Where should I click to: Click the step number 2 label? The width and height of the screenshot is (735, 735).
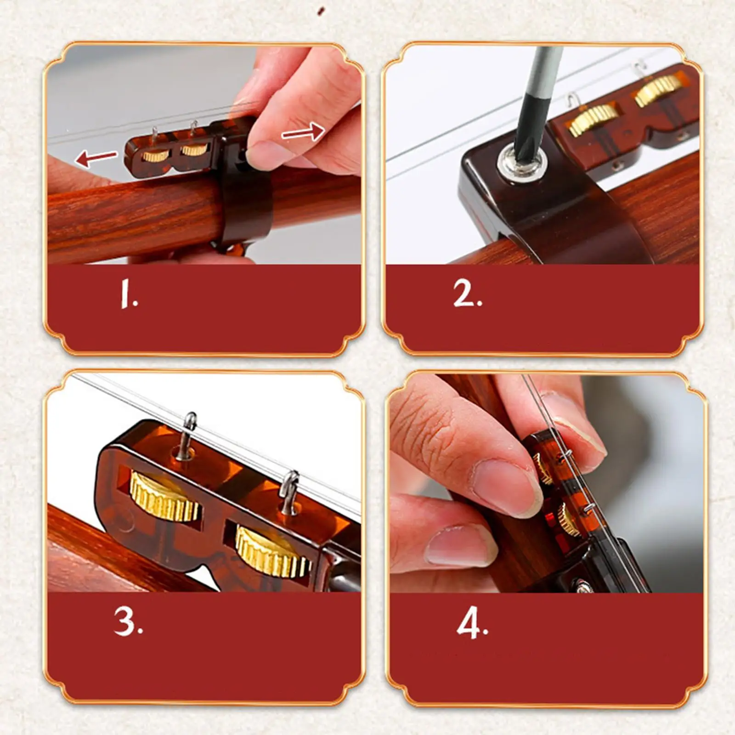(x=468, y=293)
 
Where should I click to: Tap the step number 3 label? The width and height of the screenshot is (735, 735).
(x=129, y=622)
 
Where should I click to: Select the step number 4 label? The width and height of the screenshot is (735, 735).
(x=472, y=623)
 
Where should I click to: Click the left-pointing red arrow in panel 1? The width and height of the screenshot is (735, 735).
(x=96, y=158)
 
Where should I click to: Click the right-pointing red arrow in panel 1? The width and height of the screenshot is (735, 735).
(x=303, y=132)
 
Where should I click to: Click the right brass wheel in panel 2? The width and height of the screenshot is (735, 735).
(x=658, y=91)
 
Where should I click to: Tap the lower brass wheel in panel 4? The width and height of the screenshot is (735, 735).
(x=568, y=520)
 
